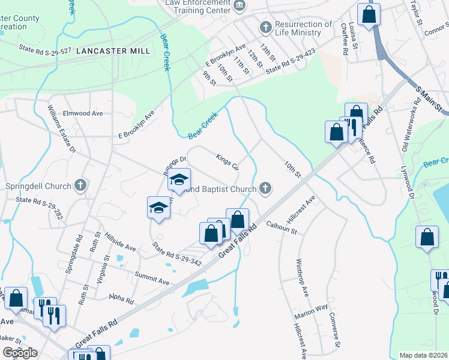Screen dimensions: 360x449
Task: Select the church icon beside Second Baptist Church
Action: pyautogui.click(x=265, y=189)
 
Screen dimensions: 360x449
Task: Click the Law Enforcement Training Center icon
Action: pyautogui.click(x=240, y=5)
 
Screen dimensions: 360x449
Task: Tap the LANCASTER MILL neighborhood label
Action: pyautogui.click(x=113, y=51)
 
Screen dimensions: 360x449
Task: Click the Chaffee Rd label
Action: pyautogui.click(x=345, y=40)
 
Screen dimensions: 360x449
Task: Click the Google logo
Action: pyautogui.click(x=20, y=353)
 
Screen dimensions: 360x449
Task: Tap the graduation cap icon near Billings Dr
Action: pyautogui.click(x=179, y=180)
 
